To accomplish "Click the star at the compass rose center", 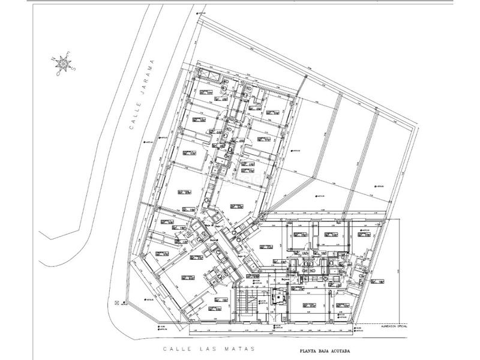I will [62, 64].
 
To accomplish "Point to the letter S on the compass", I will [72, 68].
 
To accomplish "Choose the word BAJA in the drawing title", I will [331, 352].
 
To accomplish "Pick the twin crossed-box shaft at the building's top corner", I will [211, 74].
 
